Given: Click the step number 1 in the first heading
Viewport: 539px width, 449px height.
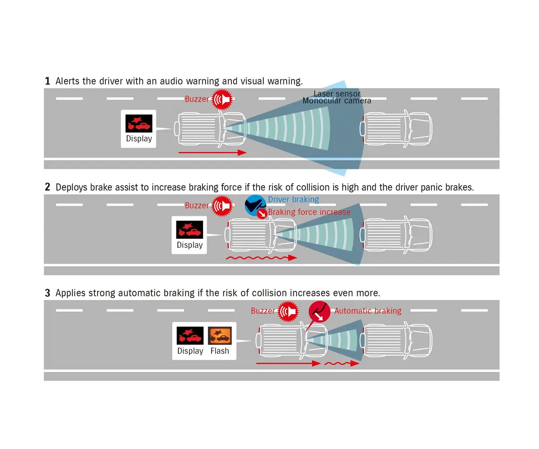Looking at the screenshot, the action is pyautogui.click(x=48, y=81).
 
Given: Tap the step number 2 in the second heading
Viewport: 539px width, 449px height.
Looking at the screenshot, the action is pyautogui.click(x=48, y=187).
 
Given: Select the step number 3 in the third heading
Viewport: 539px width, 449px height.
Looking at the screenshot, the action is pyautogui.click(x=48, y=293).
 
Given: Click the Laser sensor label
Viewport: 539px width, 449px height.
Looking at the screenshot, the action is pyautogui.click(x=337, y=93).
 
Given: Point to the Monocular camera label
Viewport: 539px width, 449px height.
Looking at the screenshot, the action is pyautogui.click(x=336, y=101).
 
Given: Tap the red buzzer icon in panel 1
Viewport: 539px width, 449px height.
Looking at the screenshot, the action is pyautogui.click(x=222, y=99).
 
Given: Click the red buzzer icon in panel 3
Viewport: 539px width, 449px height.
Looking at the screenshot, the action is pyautogui.click(x=288, y=311).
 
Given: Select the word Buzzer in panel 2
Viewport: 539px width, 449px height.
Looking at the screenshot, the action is pyautogui.click(x=197, y=205).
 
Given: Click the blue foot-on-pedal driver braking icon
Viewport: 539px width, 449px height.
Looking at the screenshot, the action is pyautogui.click(x=255, y=205).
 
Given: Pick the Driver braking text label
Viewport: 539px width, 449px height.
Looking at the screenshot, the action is pyautogui.click(x=293, y=199).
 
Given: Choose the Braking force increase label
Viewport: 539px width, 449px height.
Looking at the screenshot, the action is pyautogui.click(x=309, y=212).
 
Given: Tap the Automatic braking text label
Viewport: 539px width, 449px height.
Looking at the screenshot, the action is pyautogui.click(x=368, y=311).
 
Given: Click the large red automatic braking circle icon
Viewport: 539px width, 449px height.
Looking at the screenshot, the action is pyautogui.click(x=319, y=312).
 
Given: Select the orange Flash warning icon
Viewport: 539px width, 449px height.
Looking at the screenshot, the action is pyautogui.click(x=220, y=335).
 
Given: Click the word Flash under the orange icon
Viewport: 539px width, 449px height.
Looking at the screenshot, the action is pyautogui.click(x=220, y=351).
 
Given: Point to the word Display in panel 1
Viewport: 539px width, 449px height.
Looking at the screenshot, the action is pyautogui.click(x=139, y=139).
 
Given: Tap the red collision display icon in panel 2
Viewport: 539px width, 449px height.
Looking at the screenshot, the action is pyautogui.click(x=190, y=229).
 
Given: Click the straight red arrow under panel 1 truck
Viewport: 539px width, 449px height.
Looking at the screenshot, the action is pyautogui.click(x=212, y=153).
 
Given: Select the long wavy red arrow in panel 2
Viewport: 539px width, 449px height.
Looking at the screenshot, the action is pyautogui.click(x=261, y=258).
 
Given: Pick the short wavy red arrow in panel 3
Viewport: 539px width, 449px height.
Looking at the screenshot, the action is pyautogui.click(x=342, y=364).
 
